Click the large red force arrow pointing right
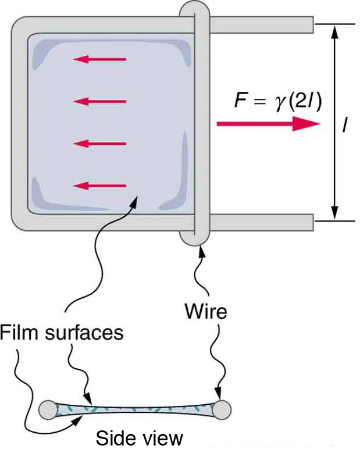click(268, 123)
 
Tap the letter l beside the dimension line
click(345, 124)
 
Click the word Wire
click(205, 312)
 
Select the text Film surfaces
click(62, 332)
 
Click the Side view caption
click(139, 437)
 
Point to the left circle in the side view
click(48, 409)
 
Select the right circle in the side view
click(222, 409)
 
